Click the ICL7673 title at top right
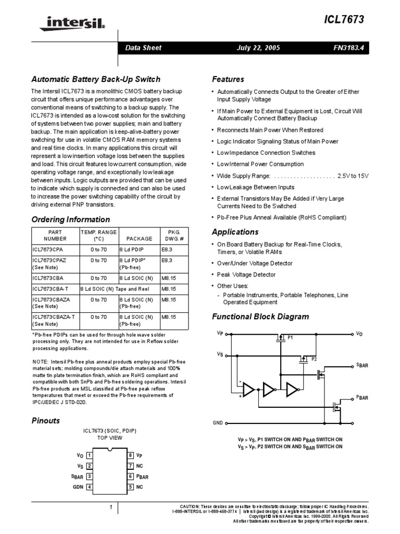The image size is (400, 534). (x=346, y=19)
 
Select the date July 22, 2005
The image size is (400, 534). (x=258, y=47)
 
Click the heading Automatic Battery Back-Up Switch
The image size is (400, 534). (x=96, y=79)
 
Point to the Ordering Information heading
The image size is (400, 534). (x=71, y=220)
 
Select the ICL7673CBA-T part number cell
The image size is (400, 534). (x=53, y=288)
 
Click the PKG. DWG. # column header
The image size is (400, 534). (x=173, y=235)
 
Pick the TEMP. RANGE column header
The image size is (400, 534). (x=99, y=235)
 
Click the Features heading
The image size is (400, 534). (x=228, y=79)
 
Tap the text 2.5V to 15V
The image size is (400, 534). (x=353, y=176)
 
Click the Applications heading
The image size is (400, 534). (x=235, y=232)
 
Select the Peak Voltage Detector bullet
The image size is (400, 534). (x=246, y=275)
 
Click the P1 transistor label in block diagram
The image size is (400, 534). (x=291, y=337)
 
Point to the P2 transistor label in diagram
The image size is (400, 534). (x=314, y=359)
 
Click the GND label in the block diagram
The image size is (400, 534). (x=218, y=422)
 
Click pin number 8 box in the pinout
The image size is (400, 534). (x=130, y=455)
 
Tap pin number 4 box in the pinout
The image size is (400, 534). (x=90, y=487)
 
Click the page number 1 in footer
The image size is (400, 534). (x=111, y=507)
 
